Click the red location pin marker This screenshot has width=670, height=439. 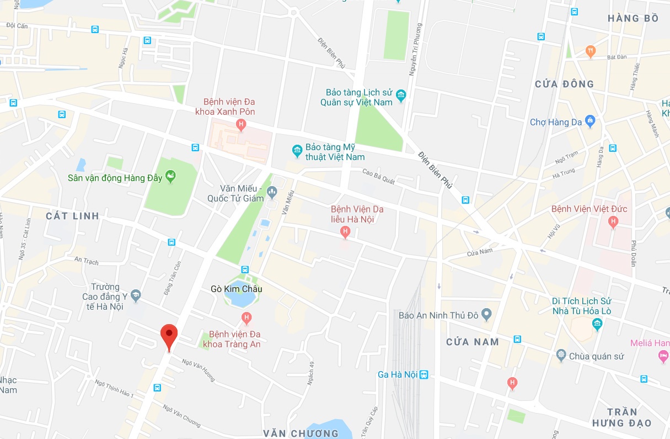tap(169, 335)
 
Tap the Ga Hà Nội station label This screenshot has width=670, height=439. tap(397, 375)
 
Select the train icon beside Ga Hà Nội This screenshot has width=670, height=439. tap(424, 375)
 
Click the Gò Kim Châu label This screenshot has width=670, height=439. tap(237, 289)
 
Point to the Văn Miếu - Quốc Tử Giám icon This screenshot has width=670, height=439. tap(271, 192)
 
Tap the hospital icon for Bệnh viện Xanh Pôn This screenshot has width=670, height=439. tap(240, 125)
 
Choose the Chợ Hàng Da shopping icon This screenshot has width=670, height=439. tap(590, 121)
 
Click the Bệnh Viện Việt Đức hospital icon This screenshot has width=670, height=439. tap(612, 221)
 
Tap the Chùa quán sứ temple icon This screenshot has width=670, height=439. tap(561, 355)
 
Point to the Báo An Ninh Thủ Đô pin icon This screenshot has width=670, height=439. tap(486, 315)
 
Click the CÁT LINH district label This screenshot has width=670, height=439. tap(72, 216)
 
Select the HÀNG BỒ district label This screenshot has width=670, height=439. tap(633, 19)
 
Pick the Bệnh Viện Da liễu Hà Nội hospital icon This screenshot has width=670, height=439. tap(345, 232)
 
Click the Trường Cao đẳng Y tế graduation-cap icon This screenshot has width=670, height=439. tap(136, 296)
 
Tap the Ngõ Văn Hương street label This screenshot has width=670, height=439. tap(199, 370)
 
